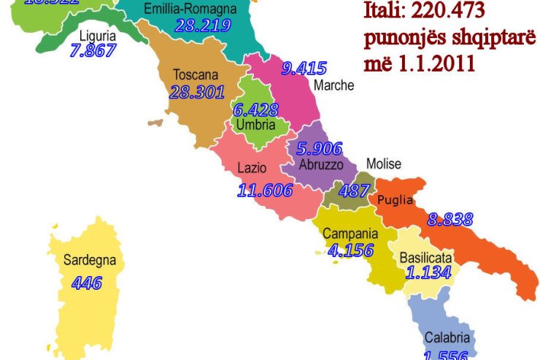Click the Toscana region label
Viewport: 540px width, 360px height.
(x=196, y=74)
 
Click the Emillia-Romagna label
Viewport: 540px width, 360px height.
(x=190, y=9)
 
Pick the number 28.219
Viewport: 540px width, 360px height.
(x=203, y=26)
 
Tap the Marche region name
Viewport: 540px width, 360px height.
(x=333, y=85)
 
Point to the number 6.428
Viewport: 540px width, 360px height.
(x=255, y=110)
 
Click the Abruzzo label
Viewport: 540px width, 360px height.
(x=320, y=165)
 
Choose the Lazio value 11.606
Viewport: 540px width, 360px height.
(x=265, y=191)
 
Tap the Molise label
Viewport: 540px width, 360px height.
(x=383, y=164)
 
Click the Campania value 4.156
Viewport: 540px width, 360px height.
(x=350, y=250)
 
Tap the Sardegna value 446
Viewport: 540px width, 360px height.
(x=86, y=283)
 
